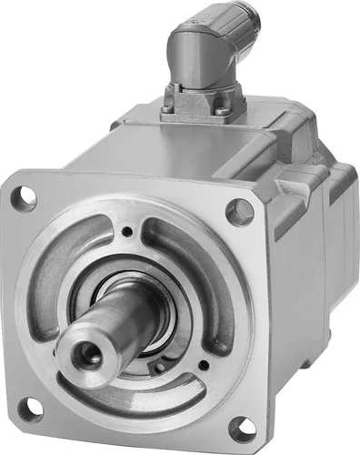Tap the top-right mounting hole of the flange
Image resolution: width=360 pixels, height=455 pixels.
click(x=240, y=212)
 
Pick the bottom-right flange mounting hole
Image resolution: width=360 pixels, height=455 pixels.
click(x=242, y=428)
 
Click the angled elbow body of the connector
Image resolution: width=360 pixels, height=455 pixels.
click(x=195, y=55)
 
